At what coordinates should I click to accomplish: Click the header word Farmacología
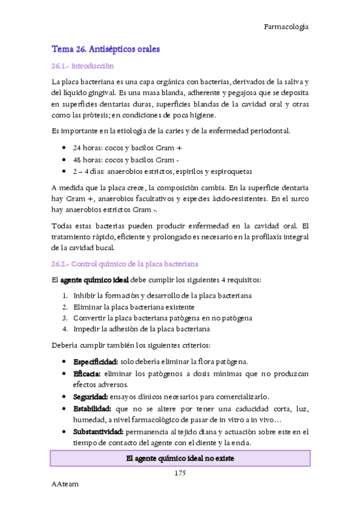click(286, 26)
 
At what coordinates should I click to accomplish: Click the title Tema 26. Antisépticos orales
click(106, 49)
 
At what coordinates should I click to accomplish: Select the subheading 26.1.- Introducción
click(82, 66)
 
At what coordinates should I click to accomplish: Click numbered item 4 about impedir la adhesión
click(141, 330)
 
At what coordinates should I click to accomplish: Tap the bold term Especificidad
click(95, 361)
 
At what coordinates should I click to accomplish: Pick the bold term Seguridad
click(90, 397)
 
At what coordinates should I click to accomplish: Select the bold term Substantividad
click(98, 432)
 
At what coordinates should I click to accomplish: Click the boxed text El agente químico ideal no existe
click(180, 459)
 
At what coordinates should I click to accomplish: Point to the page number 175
click(180, 473)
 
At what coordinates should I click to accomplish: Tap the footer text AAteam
click(65, 484)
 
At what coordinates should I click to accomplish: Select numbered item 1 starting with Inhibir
click(162, 295)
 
